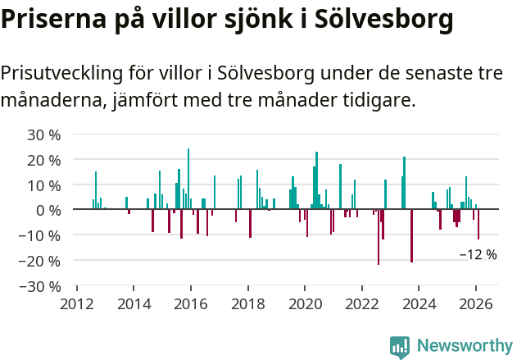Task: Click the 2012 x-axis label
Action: tap(76, 304)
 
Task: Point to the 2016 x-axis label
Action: tap(190, 304)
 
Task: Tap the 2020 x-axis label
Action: tap(304, 304)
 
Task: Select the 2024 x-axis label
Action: tap(418, 304)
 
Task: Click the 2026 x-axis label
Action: tap(475, 304)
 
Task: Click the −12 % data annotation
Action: tap(478, 255)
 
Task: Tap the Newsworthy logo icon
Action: tap(400, 347)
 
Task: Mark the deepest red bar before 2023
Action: tap(379, 237)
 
